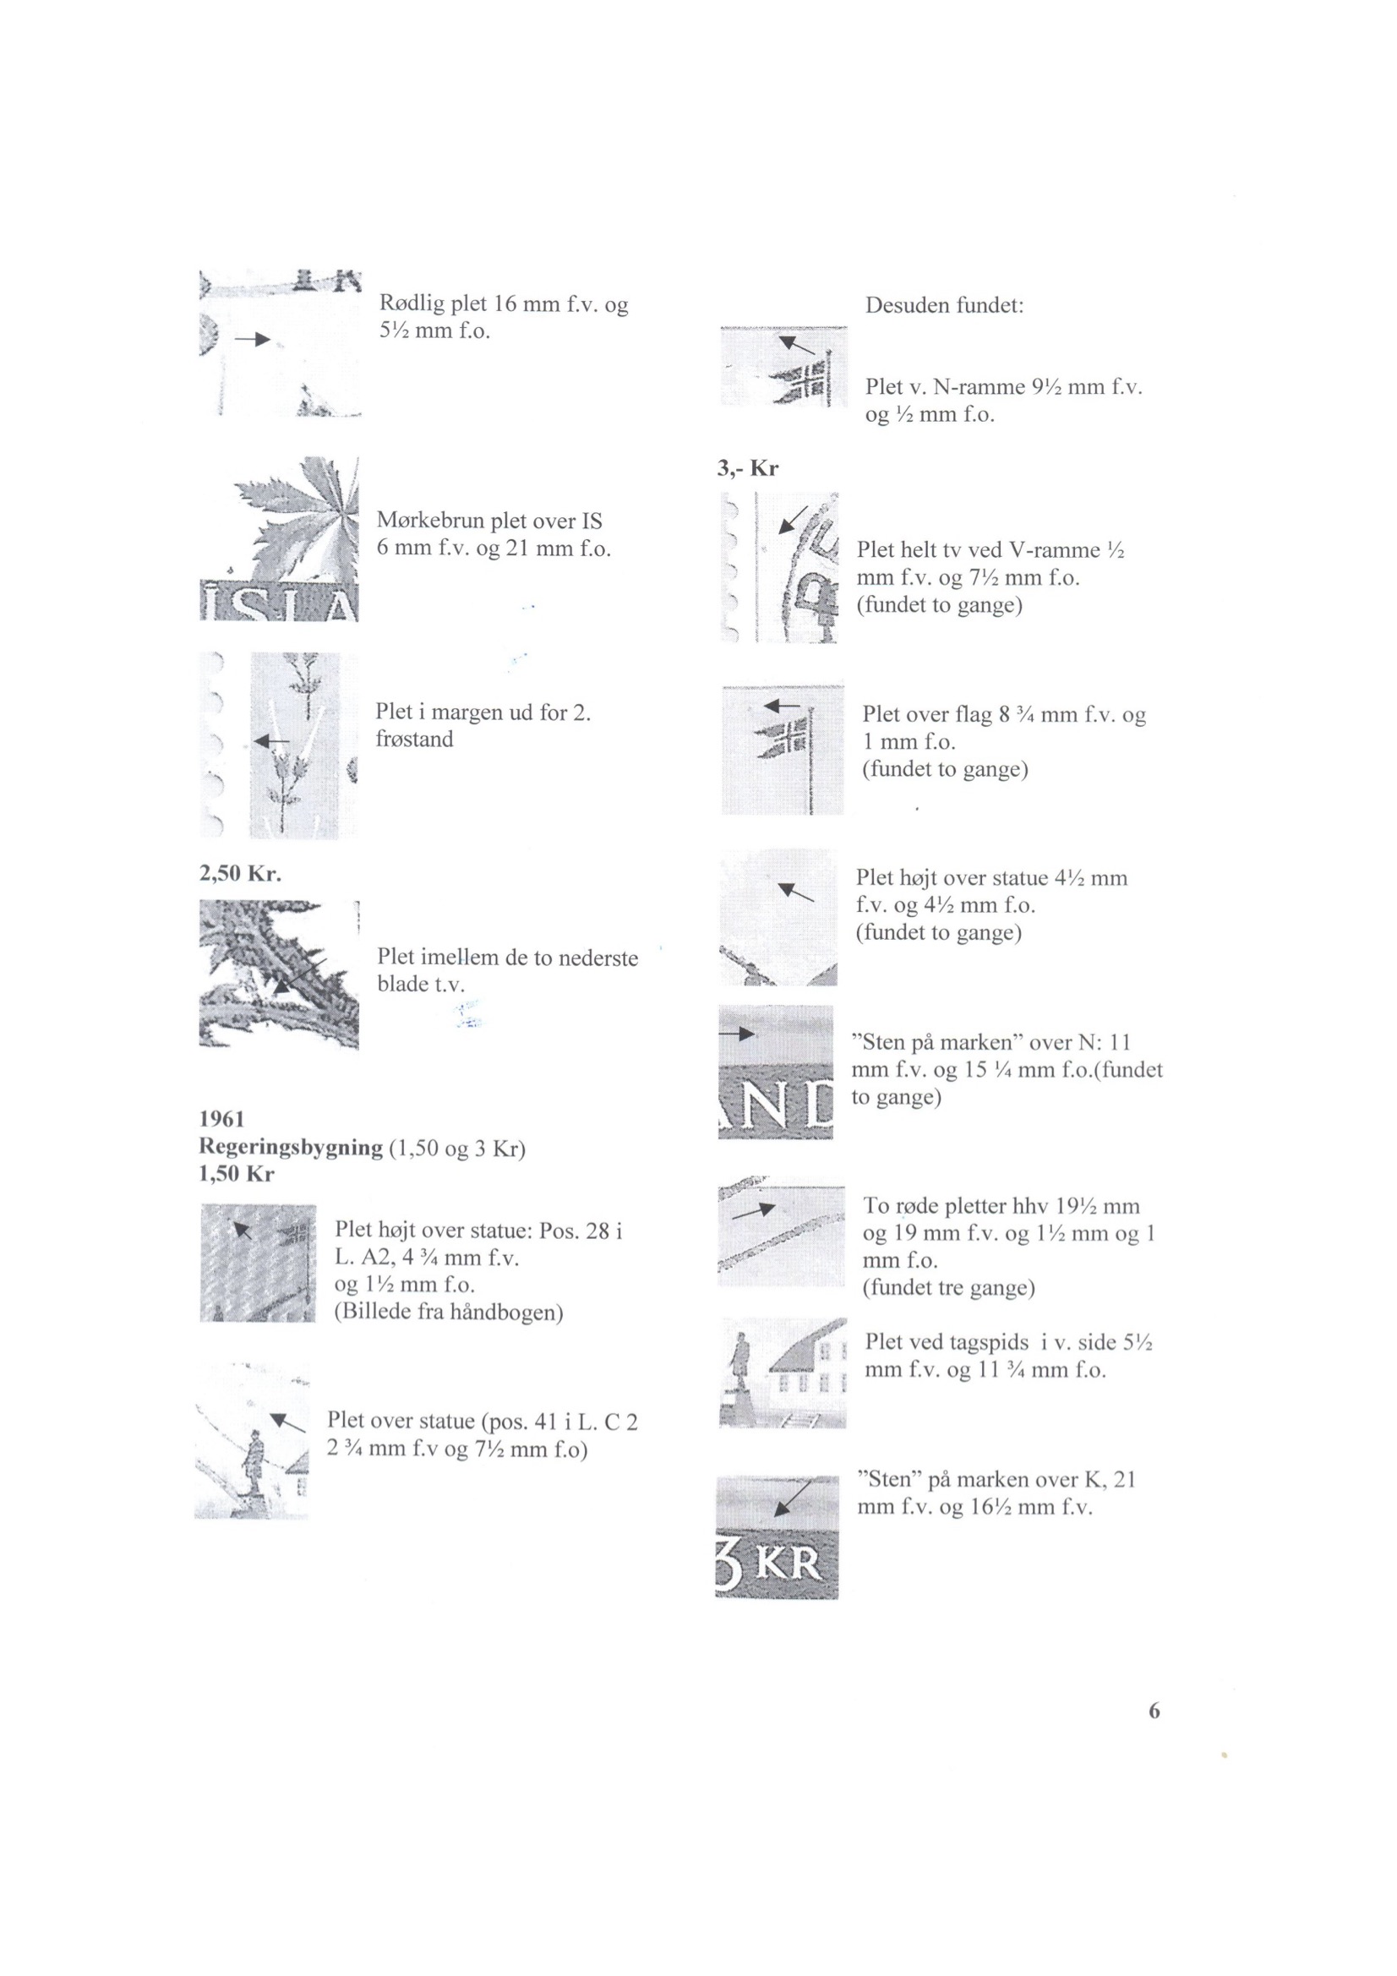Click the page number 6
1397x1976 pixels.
(1154, 1711)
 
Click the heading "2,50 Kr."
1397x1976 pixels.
(240, 874)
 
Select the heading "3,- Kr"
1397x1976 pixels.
(748, 468)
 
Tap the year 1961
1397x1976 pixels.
(222, 1119)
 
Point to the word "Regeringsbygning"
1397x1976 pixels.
(291, 1147)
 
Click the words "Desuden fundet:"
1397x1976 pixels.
(944, 305)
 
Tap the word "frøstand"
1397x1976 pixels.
(414, 740)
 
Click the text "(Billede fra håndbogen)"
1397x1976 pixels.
(449, 1313)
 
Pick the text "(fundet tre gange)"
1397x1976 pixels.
(948, 1288)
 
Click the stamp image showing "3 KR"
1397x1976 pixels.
(777, 1538)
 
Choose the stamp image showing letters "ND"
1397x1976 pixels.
(776, 1073)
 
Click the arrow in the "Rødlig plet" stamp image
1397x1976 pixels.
(252, 340)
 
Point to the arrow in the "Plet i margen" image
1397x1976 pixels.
(272, 740)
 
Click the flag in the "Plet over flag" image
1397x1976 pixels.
(785, 739)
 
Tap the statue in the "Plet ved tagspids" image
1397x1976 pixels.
(739, 1375)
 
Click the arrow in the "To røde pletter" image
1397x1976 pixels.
(753, 1211)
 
